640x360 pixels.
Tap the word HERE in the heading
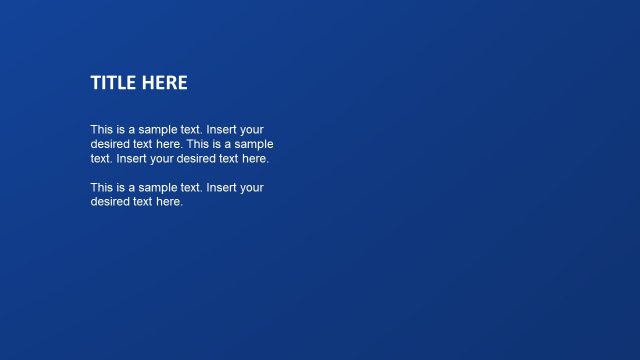[165, 83]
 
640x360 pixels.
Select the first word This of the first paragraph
[102, 130]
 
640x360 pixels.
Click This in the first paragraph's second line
[198, 144]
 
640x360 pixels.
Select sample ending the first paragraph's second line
[254, 144]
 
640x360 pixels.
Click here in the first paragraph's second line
[168, 144]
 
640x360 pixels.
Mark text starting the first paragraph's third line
[100, 158]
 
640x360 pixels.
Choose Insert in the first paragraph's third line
[133, 158]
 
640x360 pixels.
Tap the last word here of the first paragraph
[254, 158]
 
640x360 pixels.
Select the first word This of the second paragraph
[102, 187]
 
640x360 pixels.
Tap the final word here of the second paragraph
[169, 201]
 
